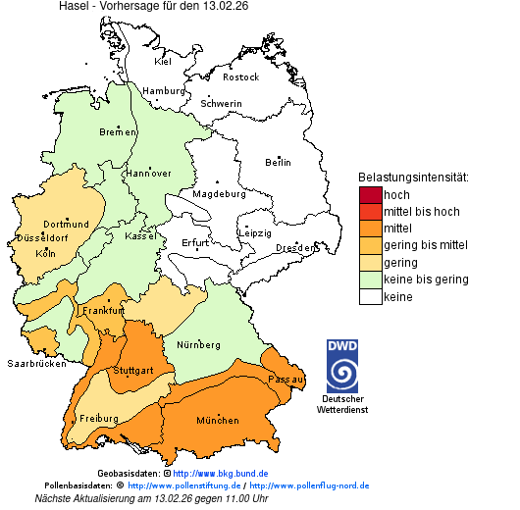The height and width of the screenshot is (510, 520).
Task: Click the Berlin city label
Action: (278, 162)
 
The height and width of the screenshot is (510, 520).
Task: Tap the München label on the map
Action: (218, 421)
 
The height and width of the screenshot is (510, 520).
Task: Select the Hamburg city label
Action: (164, 91)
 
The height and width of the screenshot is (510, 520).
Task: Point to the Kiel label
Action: (163, 61)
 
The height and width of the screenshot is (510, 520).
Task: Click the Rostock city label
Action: (240, 76)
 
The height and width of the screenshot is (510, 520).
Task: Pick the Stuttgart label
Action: (133, 371)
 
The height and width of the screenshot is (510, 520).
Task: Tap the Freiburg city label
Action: (99, 419)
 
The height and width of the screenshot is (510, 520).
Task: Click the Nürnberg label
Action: (199, 345)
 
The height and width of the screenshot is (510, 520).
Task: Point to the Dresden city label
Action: (294, 248)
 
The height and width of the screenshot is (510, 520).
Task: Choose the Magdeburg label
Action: (217, 194)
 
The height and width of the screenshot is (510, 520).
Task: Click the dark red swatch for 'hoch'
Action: (370, 195)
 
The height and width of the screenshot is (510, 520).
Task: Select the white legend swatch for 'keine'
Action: (370, 297)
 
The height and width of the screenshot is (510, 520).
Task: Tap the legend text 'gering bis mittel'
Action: (426, 245)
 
